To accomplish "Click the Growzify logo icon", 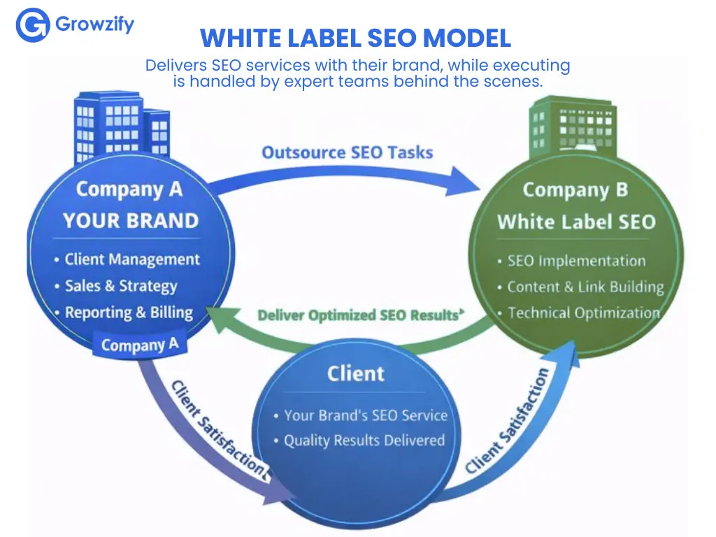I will [x=33, y=25].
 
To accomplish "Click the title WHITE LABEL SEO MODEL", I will [x=355, y=37].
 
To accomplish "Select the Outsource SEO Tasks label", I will [x=348, y=152].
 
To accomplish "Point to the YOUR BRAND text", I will [x=131, y=221].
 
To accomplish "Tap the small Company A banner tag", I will [x=140, y=345].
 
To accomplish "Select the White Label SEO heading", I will [x=576, y=222].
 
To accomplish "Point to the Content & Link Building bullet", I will [x=585, y=287].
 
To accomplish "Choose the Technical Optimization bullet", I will [x=583, y=313].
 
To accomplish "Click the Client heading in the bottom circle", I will [x=356, y=373].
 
